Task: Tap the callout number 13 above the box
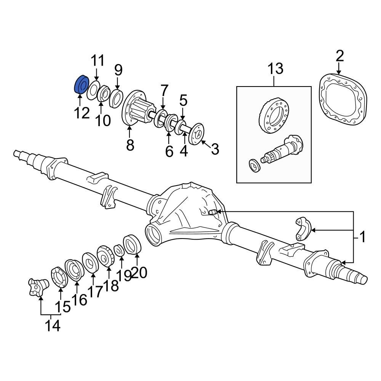(275, 69)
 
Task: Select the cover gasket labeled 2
(343, 99)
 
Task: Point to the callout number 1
(362, 238)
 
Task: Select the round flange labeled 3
(195, 134)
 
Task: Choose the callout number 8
(130, 145)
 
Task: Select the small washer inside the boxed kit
(253, 165)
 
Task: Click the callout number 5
(183, 101)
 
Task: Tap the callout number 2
(339, 56)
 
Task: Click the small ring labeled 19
(118, 251)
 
